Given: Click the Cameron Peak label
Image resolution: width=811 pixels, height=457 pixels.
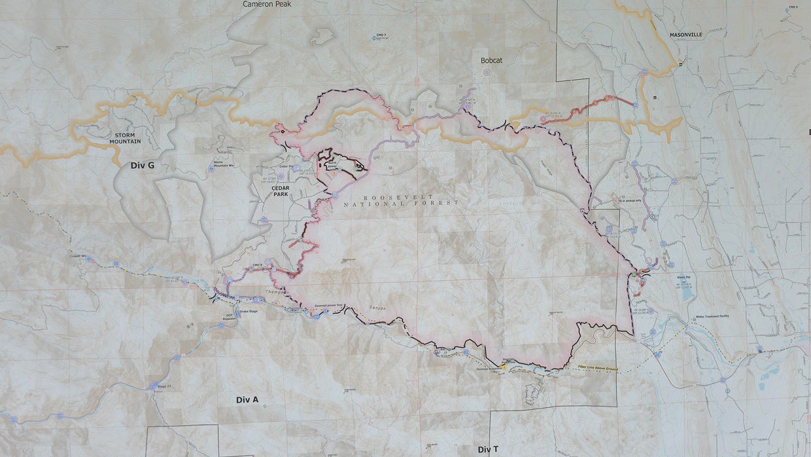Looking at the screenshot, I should point(266,4).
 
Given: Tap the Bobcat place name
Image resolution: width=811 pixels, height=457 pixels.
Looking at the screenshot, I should point(491,60).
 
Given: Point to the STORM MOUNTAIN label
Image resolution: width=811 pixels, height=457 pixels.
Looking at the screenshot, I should point(124,137).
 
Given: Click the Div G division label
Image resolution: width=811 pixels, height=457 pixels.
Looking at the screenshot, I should point(142,166).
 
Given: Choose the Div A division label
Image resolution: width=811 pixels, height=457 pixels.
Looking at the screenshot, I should point(247,399).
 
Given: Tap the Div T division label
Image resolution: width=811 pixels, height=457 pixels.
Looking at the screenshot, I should point(488,449).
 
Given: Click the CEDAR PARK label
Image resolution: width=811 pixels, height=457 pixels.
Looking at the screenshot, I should point(267,191).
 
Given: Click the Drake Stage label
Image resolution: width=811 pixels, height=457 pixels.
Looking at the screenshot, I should point(249,312).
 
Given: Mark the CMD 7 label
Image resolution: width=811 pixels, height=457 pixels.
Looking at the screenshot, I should point(381,34).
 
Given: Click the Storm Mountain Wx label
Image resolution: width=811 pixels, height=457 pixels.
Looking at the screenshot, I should point(222,164).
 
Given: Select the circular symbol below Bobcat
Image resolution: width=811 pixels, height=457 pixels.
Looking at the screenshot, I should point(486,73).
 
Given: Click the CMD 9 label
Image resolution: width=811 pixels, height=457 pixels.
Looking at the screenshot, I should point(793,7).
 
